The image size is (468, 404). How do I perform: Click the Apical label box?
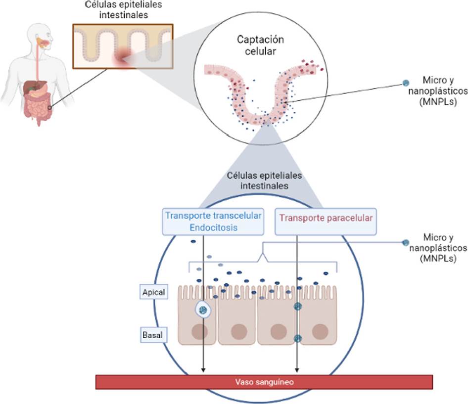point(153,292)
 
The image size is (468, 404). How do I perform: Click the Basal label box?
point(152,336)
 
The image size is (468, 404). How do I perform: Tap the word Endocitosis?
point(213,227)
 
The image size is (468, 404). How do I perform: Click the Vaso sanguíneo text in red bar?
point(264,381)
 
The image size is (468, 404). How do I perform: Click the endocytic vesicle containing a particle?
point(203,310)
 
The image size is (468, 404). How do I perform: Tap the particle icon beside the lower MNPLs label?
point(406,242)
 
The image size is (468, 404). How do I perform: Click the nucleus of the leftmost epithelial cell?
point(199,332)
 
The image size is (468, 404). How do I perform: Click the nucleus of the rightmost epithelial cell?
point(320,331)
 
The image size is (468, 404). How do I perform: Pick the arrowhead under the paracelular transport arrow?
point(297,370)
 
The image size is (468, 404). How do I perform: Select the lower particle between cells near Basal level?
point(297,338)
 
